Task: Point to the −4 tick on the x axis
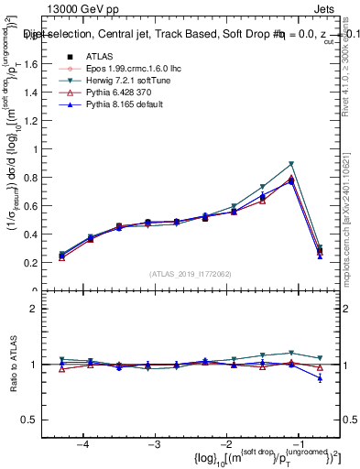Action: click(x=83, y=443)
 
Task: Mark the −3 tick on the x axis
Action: click(x=155, y=443)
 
